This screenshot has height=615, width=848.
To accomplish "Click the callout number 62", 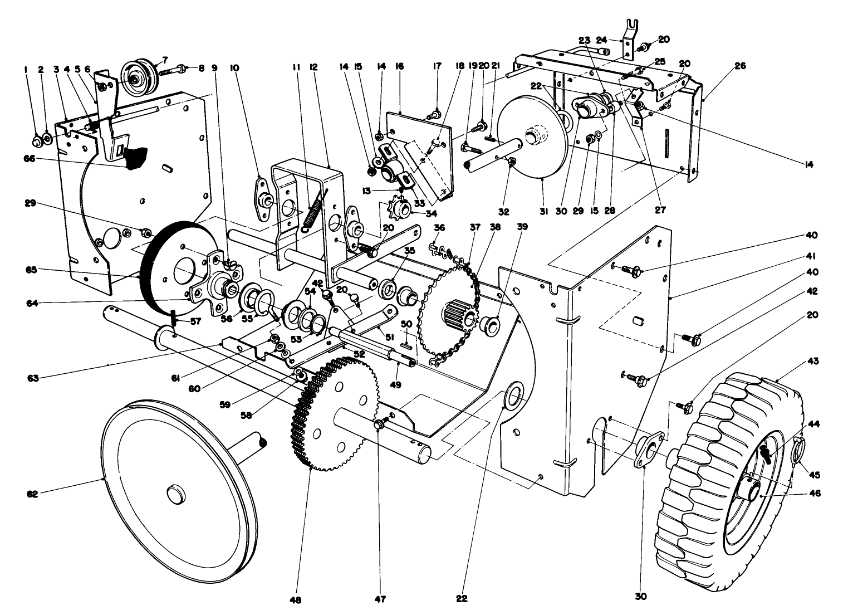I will click(x=32, y=494).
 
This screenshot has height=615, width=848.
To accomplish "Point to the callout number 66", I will click(x=29, y=158).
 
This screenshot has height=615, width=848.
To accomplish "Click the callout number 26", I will click(x=740, y=66).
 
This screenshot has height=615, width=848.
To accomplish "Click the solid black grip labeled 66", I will click(x=135, y=158).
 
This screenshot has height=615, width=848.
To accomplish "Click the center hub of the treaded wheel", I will click(x=750, y=490).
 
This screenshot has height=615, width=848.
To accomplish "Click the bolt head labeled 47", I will click(x=378, y=426).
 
